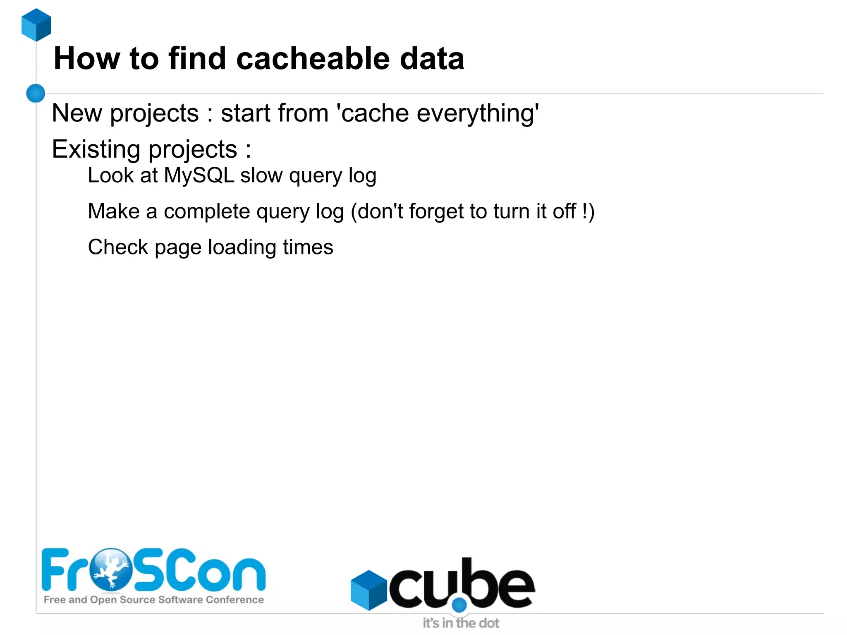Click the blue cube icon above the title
(x=36, y=25)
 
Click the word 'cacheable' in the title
(x=313, y=58)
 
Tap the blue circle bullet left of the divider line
(x=36, y=93)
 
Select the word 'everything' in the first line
(x=478, y=113)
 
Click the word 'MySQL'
(x=199, y=175)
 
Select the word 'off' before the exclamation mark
(x=565, y=211)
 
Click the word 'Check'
(x=118, y=247)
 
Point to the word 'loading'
(x=242, y=247)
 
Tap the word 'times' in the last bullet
(x=308, y=247)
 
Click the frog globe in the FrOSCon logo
(x=111, y=569)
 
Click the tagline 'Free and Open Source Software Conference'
(x=154, y=600)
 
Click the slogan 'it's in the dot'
(x=461, y=623)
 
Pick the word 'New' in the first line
(x=77, y=113)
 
